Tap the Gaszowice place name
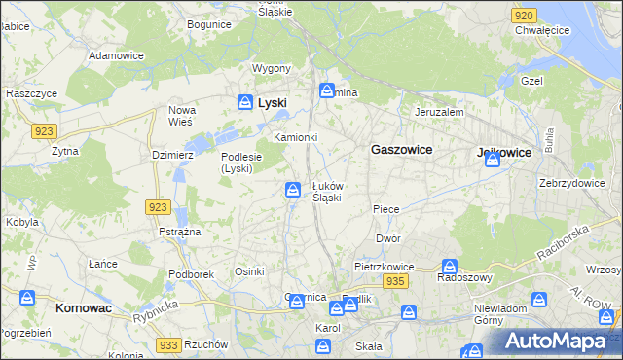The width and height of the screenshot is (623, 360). [401, 150]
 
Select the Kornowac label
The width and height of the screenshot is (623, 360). [78, 307]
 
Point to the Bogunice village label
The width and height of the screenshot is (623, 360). [209, 23]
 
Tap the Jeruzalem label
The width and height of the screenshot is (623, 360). [439, 112]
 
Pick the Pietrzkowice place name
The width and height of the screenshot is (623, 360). [385, 266]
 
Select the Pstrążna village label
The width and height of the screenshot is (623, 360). [179, 232]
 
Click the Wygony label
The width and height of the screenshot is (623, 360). [272, 68]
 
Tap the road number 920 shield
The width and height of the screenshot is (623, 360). [524, 16]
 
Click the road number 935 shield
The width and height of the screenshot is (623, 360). [394, 281]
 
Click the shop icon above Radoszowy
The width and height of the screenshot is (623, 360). [450, 266]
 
